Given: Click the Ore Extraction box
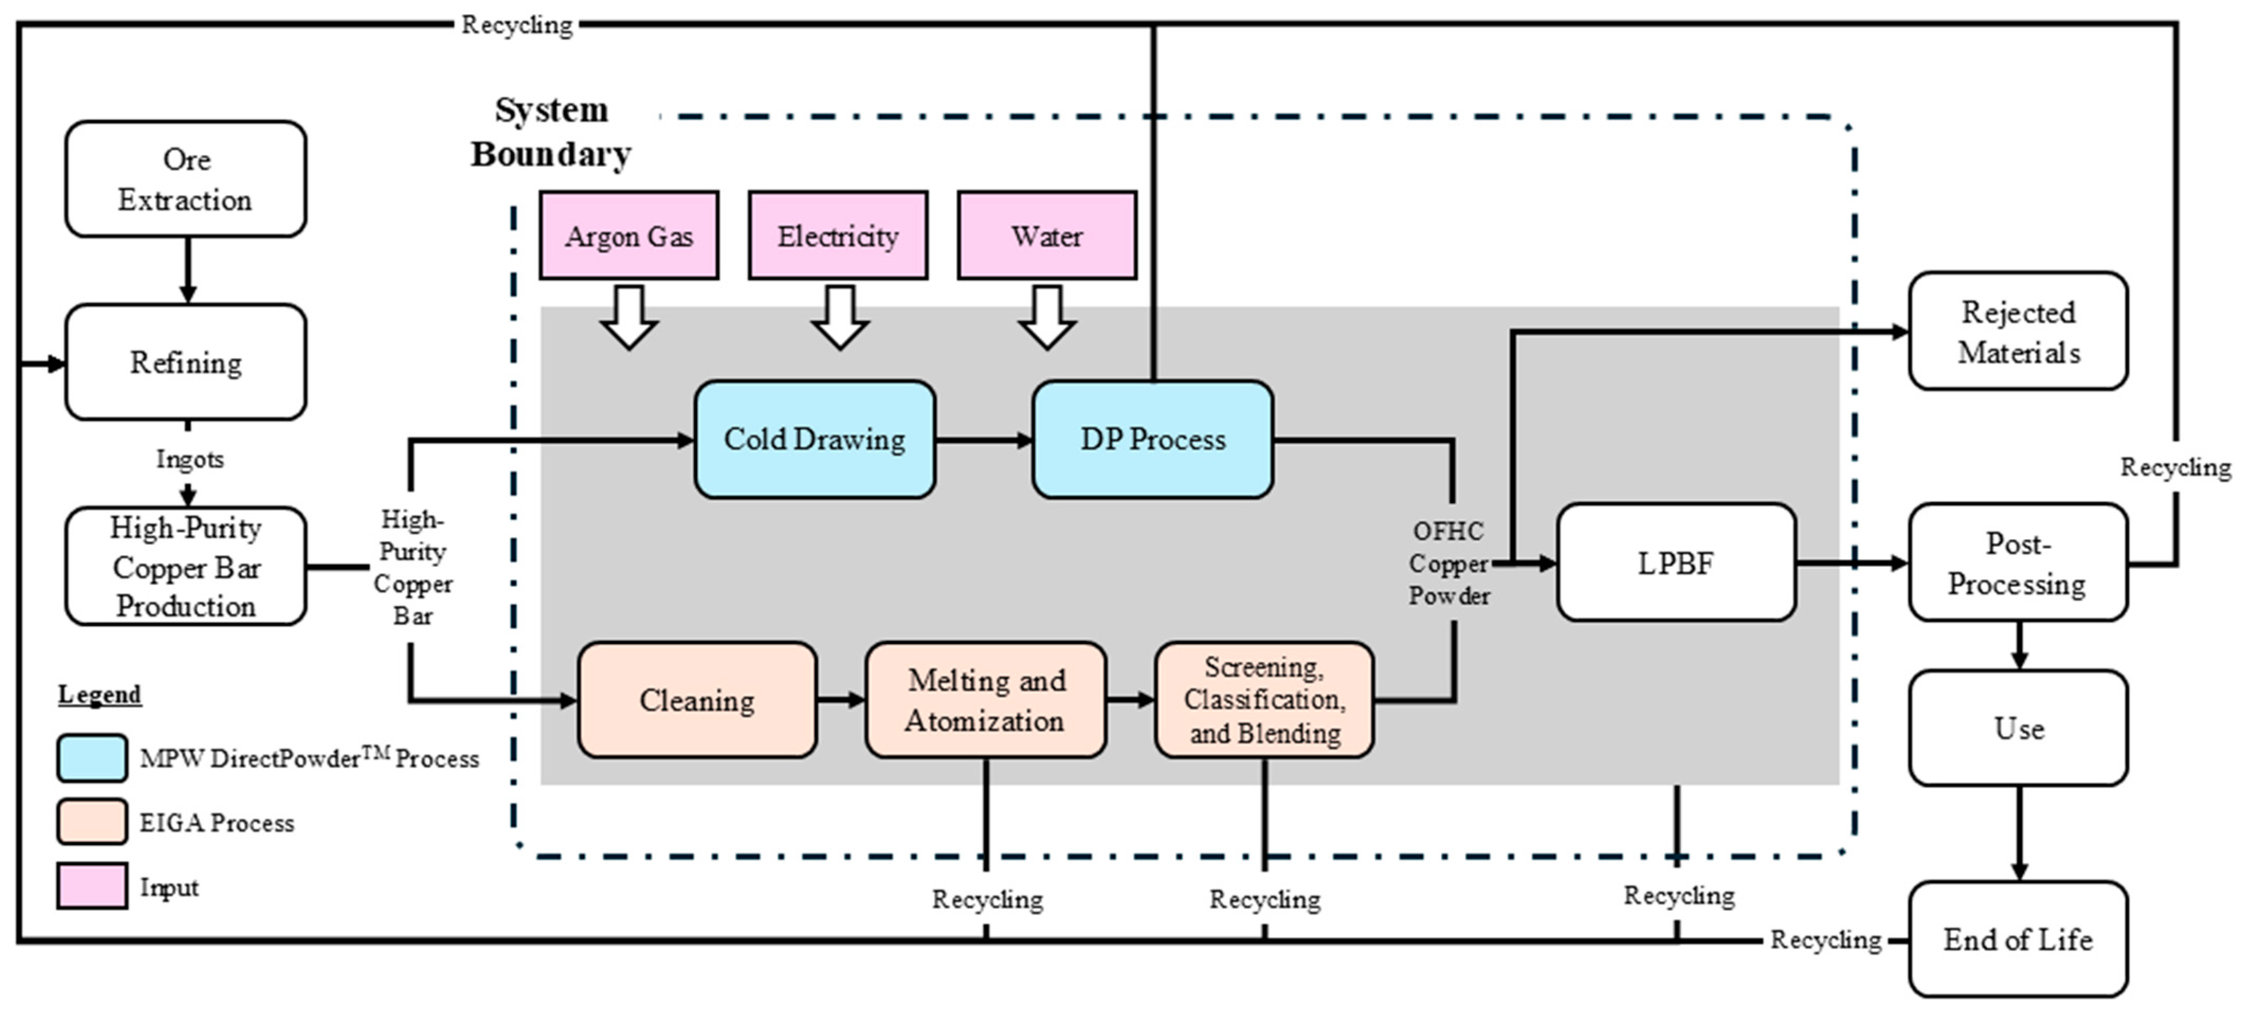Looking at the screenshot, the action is pyautogui.click(x=186, y=179).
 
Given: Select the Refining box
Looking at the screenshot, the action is pyautogui.click(x=186, y=362).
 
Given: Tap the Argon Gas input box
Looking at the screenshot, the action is pyautogui.click(x=628, y=235).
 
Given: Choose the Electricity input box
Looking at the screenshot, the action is pyautogui.click(x=837, y=235).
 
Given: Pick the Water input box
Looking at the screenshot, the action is pyautogui.click(x=1046, y=235).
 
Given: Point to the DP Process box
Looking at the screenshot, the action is pyautogui.click(x=1153, y=439).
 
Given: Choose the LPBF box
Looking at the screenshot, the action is pyautogui.click(x=1676, y=562).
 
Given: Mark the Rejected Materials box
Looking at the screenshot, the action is pyautogui.click(x=2018, y=331).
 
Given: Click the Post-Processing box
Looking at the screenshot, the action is pyautogui.click(x=2018, y=562).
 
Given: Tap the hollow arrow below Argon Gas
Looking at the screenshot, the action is pyautogui.click(x=628, y=317).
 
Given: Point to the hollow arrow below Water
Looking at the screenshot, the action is pyautogui.click(x=1046, y=317).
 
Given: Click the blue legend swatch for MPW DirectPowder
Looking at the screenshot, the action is pyautogui.click(x=92, y=758).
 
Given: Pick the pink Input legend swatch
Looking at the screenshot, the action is pyautogui.click(x=92, y=886).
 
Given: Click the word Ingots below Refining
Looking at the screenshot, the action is pyautogui.click(x=190, y=459).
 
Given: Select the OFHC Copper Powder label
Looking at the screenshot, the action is pyautogui.click(x=1449, y=563).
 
